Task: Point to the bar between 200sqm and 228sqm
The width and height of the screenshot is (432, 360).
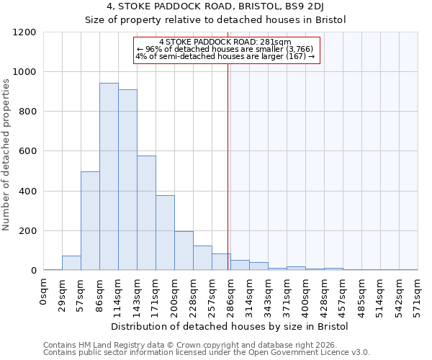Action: (184, 251)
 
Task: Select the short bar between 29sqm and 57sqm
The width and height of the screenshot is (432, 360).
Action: (71, 263)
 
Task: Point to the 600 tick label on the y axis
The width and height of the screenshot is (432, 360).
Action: (27, 151)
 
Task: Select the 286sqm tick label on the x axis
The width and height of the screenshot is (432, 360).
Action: (230, 294)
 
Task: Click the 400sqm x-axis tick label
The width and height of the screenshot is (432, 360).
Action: (305, 294)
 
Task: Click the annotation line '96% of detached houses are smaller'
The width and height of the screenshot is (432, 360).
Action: (225, 49)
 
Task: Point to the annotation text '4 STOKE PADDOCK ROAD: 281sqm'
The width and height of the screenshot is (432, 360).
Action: (225, 42)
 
